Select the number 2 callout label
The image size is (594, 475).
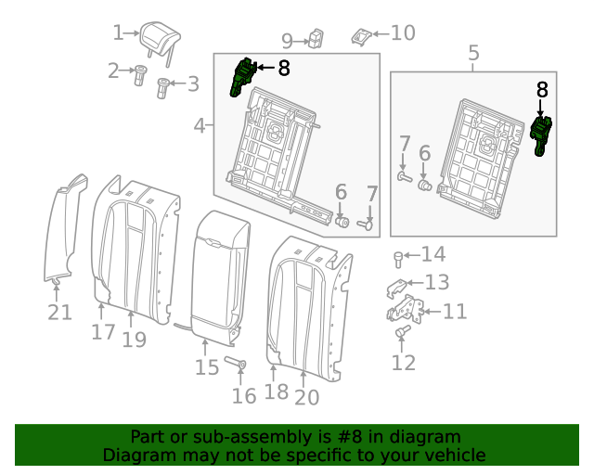(113, 71)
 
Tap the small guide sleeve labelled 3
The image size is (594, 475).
(162, 88)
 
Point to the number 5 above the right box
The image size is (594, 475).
(473, 53)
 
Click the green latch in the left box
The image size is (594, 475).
(241, 77)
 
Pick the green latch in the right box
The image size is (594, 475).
(541, 135)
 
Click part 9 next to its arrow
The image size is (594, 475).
(316, 39)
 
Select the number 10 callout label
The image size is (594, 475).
(403, 33)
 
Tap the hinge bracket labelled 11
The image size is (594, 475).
(406, 309)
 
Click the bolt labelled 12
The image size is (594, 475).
(402, 331)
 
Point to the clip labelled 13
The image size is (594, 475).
(396, 288)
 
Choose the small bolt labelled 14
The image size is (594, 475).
(398, 260)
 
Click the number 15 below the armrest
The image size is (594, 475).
(207, 367)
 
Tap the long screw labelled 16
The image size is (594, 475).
(235, 362)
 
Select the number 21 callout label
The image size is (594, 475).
(59, 313)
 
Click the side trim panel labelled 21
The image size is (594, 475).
(64, 229)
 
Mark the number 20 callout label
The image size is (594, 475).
(307, 397)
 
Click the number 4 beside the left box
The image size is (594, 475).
(200, 125)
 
